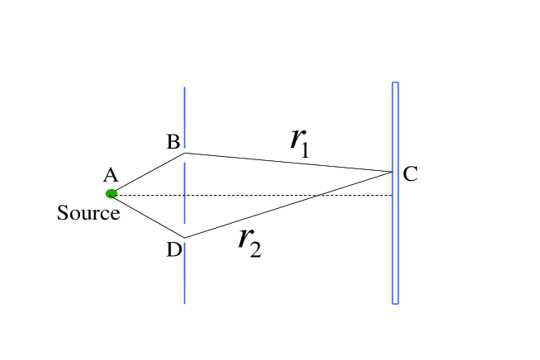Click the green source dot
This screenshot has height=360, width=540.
pos(111,194)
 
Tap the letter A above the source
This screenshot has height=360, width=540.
pos(110,175)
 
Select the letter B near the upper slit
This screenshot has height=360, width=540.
pos(173,143)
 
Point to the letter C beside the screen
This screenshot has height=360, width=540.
pos(410,173)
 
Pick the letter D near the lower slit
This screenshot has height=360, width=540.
pos(173,249)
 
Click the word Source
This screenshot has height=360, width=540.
pos(88,214)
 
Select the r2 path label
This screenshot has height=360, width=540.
pos(249,241)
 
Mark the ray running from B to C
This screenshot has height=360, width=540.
pos(289,162)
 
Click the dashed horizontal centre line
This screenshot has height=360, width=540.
pos(248,195)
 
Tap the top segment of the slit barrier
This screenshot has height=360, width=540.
pos(184,116)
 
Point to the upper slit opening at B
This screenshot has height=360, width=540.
pos(184,154)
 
